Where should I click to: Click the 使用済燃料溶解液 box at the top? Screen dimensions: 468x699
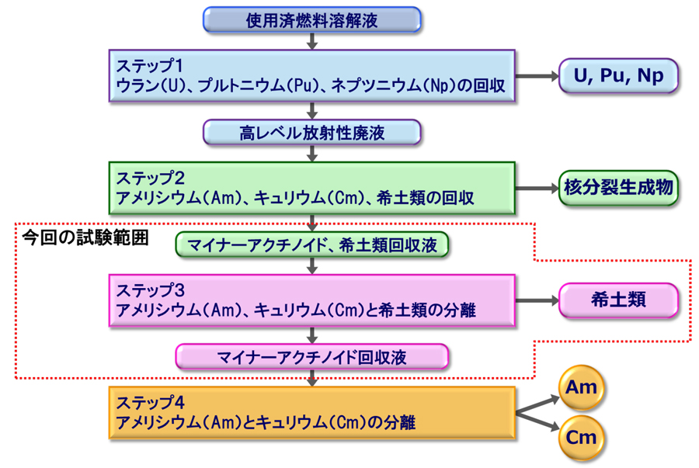(312, 20)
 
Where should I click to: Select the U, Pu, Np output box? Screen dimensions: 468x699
(619, 76)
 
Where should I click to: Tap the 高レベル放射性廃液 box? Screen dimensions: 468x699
(312, 133)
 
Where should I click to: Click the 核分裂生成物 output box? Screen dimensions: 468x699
(619, 188)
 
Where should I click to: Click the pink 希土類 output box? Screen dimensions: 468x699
(619, 300)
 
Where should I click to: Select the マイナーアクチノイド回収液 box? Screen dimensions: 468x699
(312, 357)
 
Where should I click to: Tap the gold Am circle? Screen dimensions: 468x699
(582, 387)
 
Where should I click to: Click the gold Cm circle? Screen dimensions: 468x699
(582, 437)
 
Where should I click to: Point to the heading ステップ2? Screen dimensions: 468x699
(149, 175)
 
